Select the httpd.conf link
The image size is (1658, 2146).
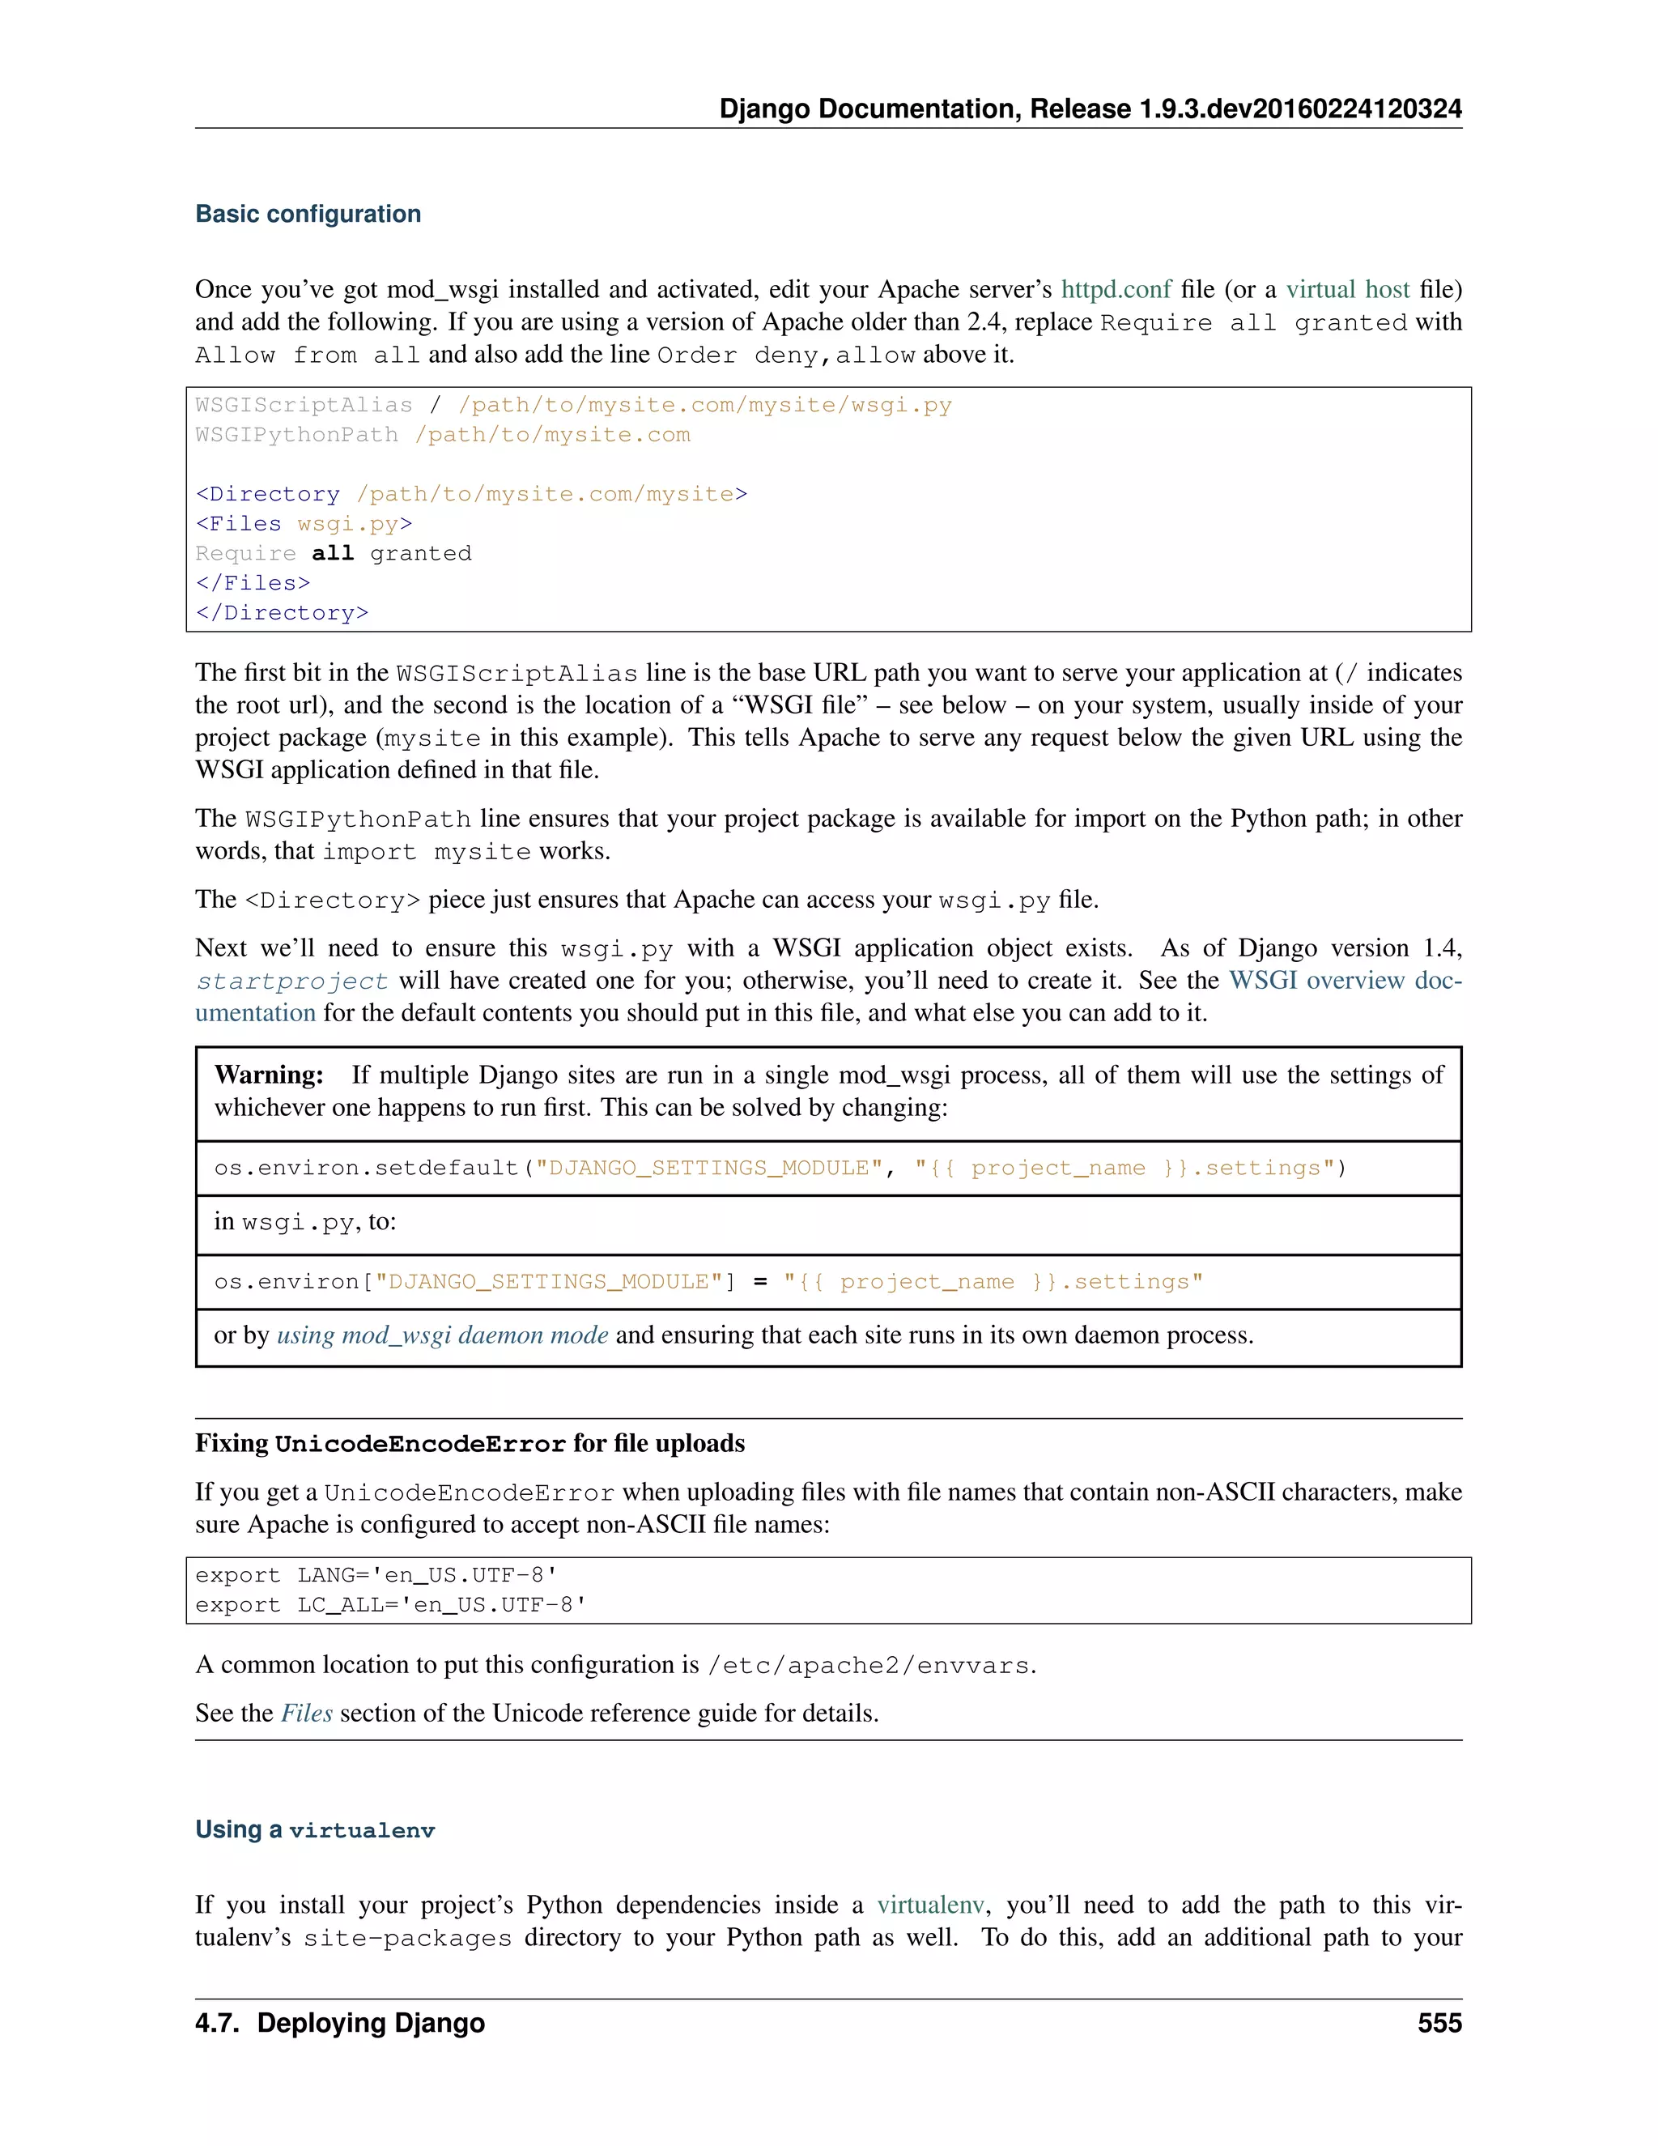1116,289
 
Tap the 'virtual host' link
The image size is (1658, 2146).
1348,289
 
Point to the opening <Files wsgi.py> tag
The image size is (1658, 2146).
304,523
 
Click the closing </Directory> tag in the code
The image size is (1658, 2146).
282,612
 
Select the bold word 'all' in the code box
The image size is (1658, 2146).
332,553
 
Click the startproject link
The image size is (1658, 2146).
291,981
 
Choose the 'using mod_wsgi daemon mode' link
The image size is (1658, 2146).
442,1335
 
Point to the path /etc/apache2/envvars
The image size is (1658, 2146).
869,1666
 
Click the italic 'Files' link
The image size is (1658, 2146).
307,1714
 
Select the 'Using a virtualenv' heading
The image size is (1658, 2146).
314,1829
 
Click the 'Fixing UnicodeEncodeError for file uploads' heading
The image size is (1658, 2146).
470,1443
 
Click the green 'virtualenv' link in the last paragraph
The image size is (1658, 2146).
929,1905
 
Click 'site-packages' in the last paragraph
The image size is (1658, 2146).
406,1938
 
